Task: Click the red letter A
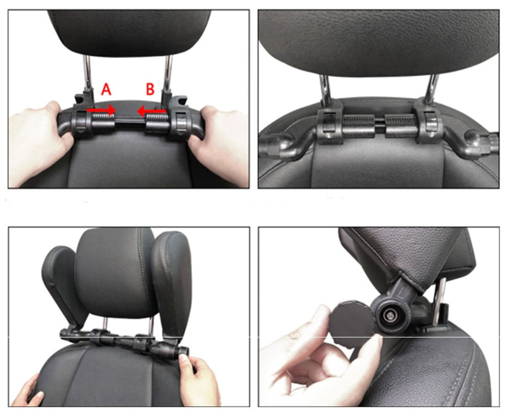pos(106,90)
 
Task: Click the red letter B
pos(150,90)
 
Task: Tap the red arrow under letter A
pos(101,110)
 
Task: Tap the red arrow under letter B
pos(151,110)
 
